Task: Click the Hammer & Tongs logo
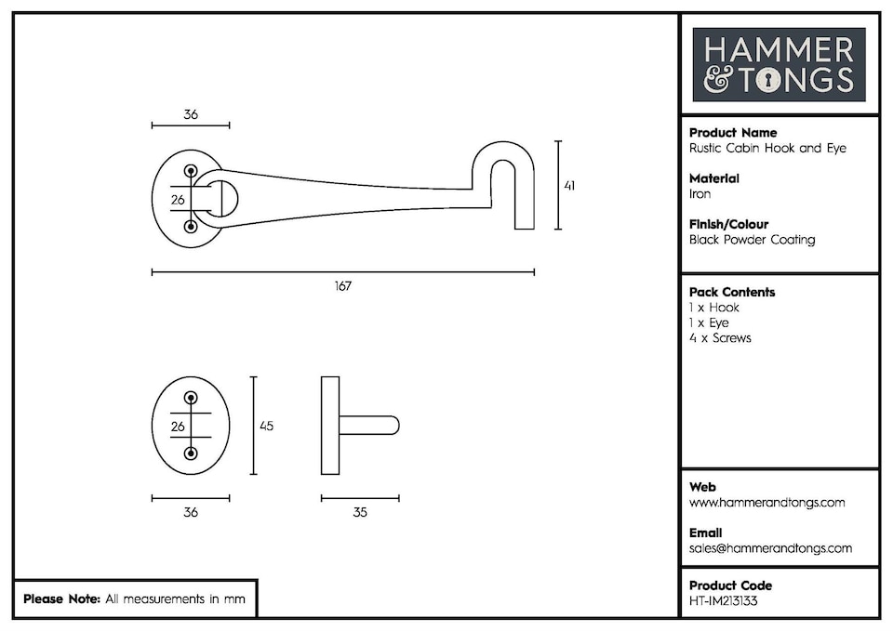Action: (779, 64)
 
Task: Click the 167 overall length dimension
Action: (343, 286)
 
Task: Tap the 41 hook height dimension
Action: (569, 186)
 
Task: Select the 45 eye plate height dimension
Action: (266, 426)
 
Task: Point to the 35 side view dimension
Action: (360, 512)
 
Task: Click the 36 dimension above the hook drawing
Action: (191, 115)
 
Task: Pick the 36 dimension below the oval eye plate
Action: (191, 512)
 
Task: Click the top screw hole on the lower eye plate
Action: (191, 398)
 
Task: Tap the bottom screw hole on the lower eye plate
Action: (191, 454)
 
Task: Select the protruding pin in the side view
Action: (370, 426)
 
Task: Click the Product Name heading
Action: (733, 133)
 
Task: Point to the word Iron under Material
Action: (700, 194)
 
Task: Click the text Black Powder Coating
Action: (752, 240)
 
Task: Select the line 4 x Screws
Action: (720, 338)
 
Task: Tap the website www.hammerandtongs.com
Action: (766, 503)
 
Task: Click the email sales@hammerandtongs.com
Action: (770, 548)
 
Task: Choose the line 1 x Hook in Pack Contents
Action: (714, 308)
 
